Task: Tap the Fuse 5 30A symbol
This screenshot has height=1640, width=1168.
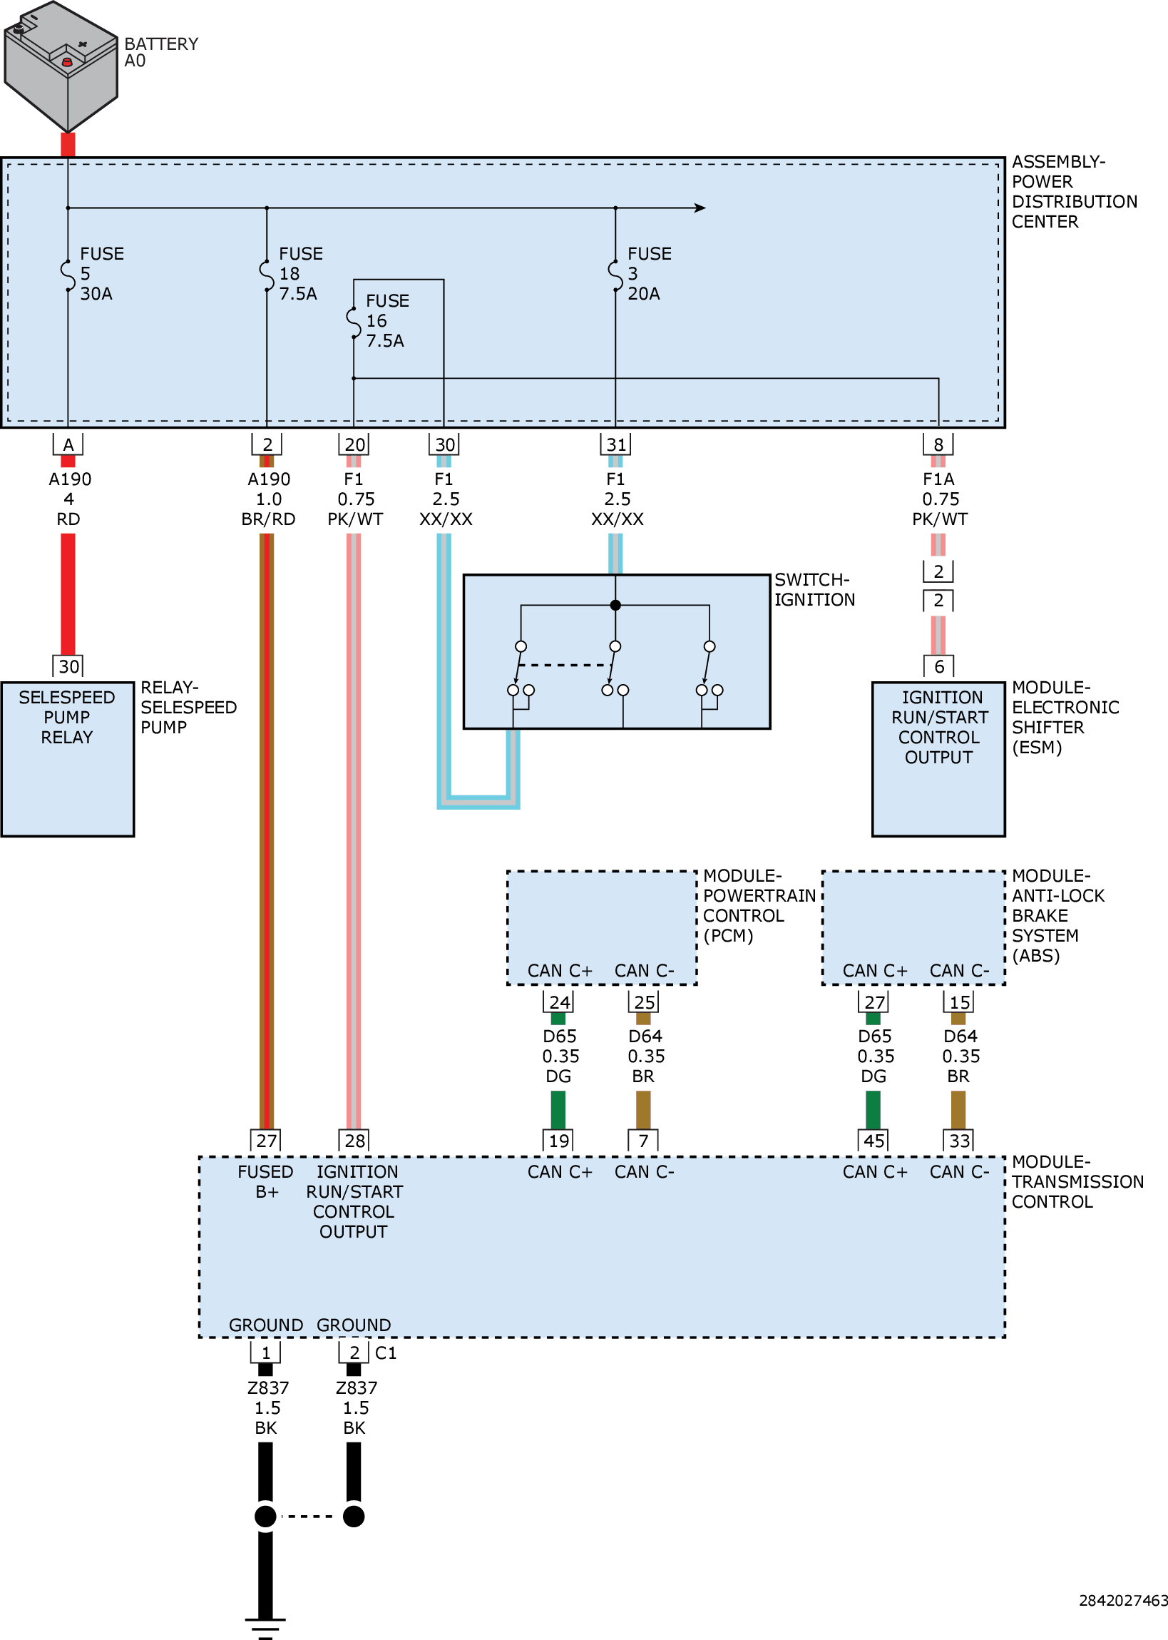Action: point(68,275)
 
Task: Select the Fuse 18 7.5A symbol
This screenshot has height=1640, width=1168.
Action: point(267,275)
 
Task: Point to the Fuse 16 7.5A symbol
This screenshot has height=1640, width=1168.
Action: point(354,322)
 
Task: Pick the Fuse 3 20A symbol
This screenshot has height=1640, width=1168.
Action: point(615,275)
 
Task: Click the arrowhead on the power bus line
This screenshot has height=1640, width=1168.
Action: point(700,208)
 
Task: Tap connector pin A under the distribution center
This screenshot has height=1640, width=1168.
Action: point(68,444)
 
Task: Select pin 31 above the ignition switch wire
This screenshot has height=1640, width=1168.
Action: point(615,444)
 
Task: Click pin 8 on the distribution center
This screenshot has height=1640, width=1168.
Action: point(938,444)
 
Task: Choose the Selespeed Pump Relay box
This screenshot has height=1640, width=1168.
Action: point(68,759)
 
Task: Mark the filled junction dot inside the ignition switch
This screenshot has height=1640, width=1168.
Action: point(615,605)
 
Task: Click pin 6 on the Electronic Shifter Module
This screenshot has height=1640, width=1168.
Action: point(938,667)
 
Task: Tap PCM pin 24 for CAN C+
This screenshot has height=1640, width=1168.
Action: point(559,1002)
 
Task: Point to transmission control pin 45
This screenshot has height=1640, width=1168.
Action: point(874,1141)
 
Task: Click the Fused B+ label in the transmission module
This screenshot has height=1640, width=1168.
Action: point(265,1182)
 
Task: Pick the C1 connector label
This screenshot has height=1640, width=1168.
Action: point(386,1353)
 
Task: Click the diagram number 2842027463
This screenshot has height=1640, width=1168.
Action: point(1122,1601)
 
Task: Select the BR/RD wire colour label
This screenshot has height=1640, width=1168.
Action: point(268,519)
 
